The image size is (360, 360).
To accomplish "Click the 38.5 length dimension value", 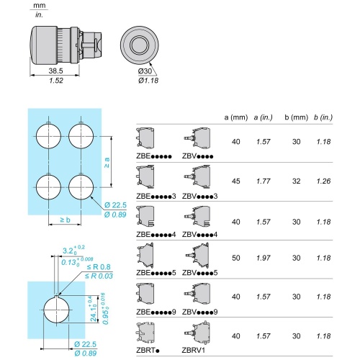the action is (x=55, y=71).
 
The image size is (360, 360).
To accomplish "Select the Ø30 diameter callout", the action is (x=145, y=71).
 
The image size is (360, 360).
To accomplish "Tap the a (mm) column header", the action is (x=236, y=117).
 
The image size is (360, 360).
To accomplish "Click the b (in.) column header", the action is (x=323, y=117).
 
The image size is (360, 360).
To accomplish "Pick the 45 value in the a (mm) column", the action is (x=236, y=181).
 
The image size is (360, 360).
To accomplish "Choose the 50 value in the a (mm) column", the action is (x=236, y=258).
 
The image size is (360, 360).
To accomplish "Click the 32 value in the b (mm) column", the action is (x=297, y=181).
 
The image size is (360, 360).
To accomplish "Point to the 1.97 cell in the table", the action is (x=264, y=258).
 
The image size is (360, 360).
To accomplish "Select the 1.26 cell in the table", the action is (x=323, y=181).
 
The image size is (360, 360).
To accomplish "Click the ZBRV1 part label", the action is (x=194, y=350).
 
